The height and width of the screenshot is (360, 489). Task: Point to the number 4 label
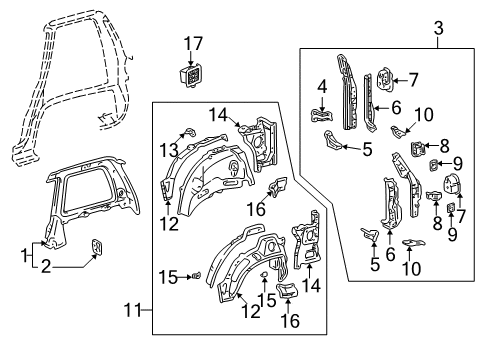coord(322,86)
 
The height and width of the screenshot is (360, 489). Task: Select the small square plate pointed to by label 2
coord(96,248)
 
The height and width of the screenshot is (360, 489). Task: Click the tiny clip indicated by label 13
coord(186,131)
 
